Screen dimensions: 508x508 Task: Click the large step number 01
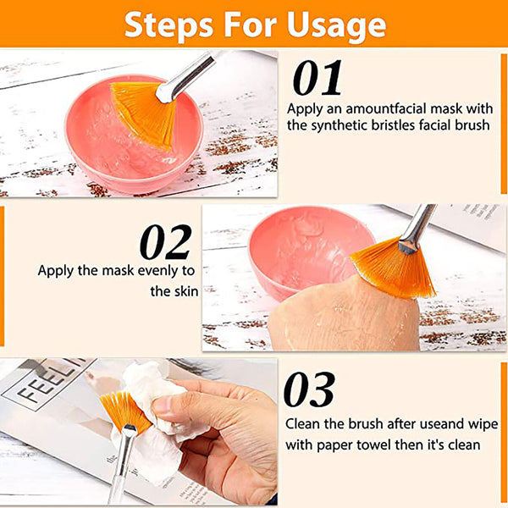coord(317,79)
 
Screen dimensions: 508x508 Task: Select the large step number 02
coord(166,243)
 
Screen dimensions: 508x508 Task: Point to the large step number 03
coord(309,391)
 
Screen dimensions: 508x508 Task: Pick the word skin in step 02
coord(187,291)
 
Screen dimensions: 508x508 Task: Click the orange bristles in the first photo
coord(144,111)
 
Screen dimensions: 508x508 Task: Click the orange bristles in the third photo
coord(123,411)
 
